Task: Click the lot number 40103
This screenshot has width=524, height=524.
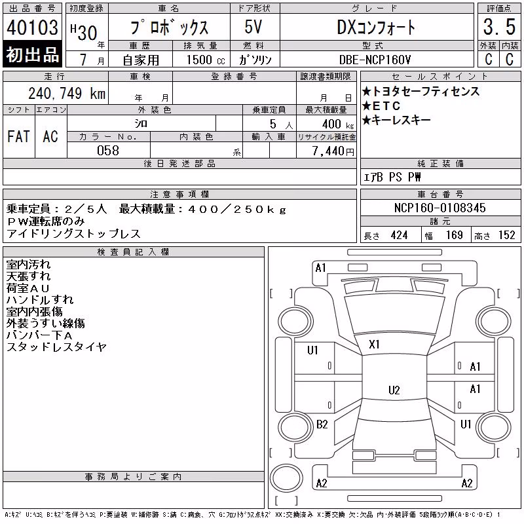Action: (x=32, y=28)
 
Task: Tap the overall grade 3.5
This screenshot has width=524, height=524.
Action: (x=499, y=27)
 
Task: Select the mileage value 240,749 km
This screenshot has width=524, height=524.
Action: (x=67, y=94)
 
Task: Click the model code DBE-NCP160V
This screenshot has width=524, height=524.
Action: (x=375, y=60)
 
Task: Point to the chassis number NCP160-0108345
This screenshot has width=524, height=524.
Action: (x=440, y=208)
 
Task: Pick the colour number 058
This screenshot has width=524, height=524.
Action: (x=108, y=151)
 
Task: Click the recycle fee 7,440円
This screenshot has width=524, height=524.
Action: (x=333, y=151)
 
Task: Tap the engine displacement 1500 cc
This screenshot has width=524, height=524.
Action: (x=206, y=60)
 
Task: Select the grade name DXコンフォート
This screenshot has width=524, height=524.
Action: (x=376, y=27)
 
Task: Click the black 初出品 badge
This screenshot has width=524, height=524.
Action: (x=32, y=54)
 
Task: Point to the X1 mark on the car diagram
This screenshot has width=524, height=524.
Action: (x=374, y=345)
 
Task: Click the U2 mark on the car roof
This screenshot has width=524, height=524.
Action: (x=394, y=390)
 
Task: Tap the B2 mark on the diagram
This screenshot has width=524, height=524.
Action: (x=322, y=424)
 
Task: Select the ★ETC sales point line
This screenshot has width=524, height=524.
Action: (x=381, y=106)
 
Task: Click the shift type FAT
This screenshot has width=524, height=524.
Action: (x=19, y=136)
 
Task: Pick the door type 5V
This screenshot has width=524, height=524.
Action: (x=253, y=27)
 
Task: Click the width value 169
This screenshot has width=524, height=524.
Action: (x=454, y=235)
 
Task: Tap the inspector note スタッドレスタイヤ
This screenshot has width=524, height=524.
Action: (x=56, y=347)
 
